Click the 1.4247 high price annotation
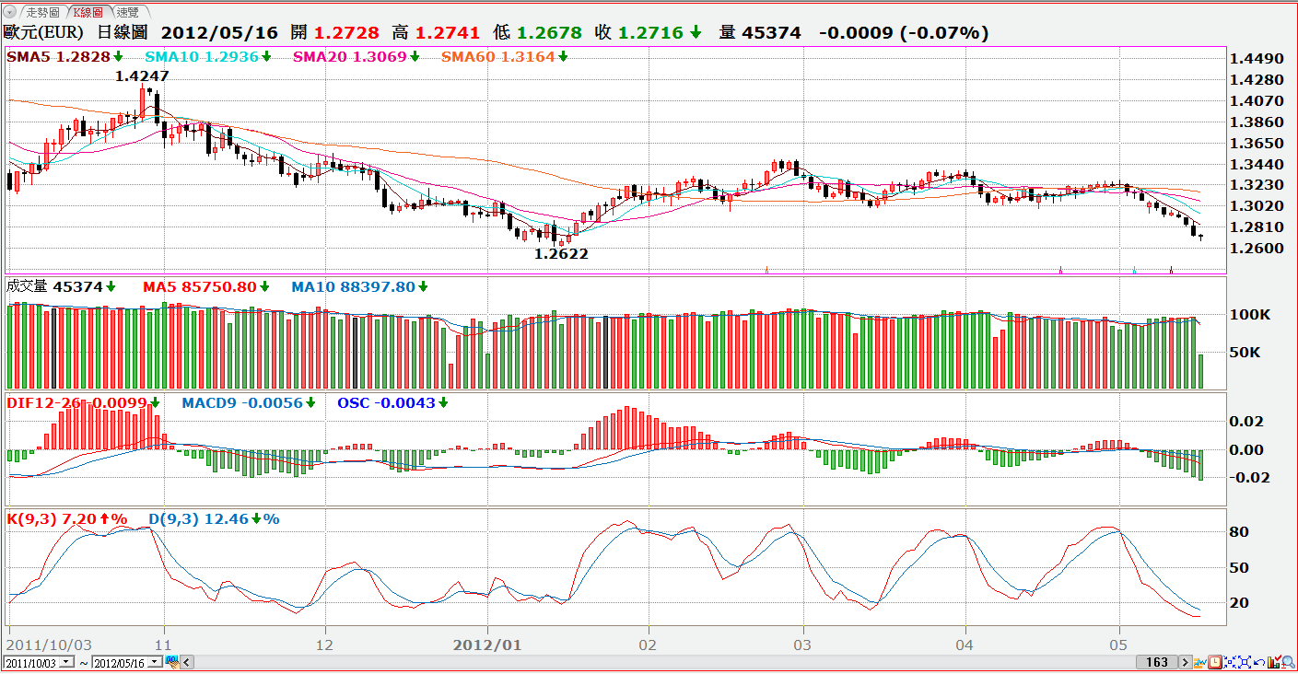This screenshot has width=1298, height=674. click(x=142, y=76)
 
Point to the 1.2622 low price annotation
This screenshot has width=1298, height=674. click(x=561, y=254)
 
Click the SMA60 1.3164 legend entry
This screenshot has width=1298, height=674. click(x=497, y=57)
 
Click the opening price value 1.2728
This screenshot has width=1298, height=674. click(x=347, y=32)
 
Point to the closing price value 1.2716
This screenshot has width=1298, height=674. click(x=650, y=32)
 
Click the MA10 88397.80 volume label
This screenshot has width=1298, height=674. click(x=353, y=287)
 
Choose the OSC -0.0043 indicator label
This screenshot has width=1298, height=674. click(x=386, y=403)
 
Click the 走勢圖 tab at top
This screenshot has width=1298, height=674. click(x=41, y=12)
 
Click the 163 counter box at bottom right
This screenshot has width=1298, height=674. click(x=1157, y=662)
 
